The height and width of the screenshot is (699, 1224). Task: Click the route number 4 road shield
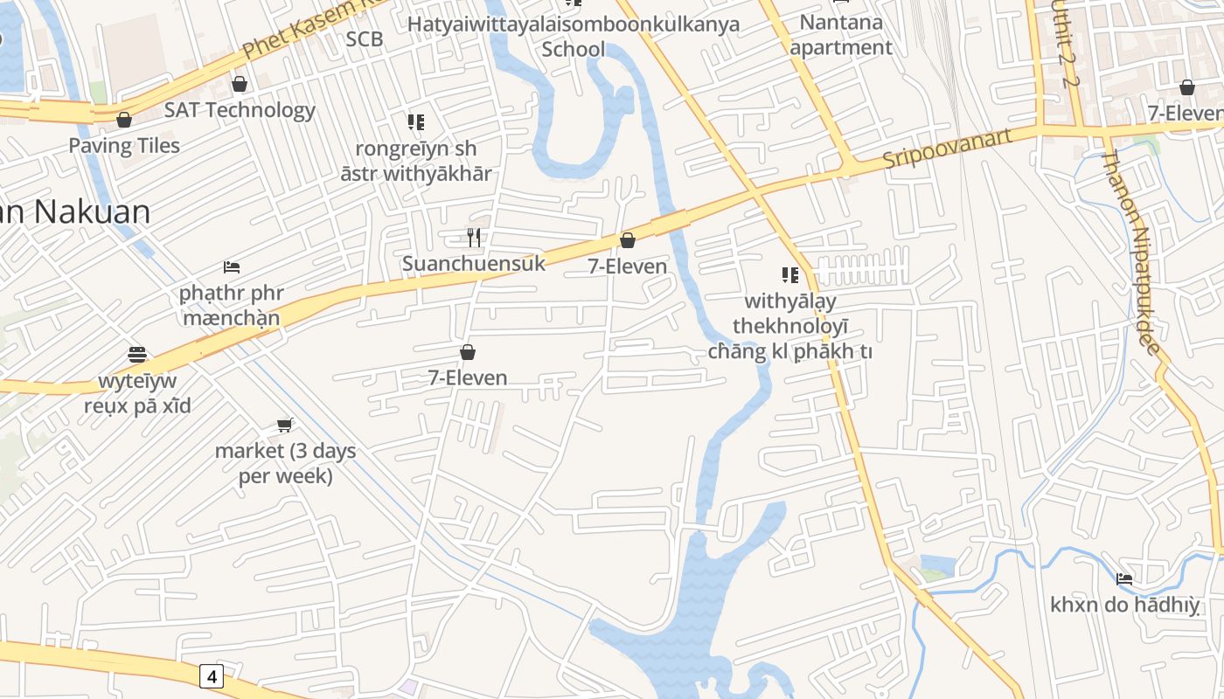pos(212,675)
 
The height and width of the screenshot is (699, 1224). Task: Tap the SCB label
pos(365,38)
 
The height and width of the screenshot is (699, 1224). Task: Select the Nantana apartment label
pos(841,34)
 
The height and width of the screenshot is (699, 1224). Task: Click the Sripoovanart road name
pos(947,149)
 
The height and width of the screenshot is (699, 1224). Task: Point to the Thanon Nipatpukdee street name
pos(1130,253)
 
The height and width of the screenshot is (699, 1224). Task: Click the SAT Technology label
pos(240,110)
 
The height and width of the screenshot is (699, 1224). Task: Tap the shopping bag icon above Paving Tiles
pos(124,120)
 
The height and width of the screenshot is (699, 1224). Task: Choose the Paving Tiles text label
pos(124,145)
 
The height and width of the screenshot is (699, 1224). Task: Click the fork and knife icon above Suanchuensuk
pos(473,237)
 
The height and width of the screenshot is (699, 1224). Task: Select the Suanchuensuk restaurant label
pos(473,263)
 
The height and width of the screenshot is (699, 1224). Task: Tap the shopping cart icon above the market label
pos(284,425)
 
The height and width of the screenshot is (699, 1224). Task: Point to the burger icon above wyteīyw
pos(137,355)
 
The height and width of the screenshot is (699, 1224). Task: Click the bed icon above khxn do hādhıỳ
pos(1124,578)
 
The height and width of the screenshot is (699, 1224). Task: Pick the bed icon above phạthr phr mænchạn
pos(232,266)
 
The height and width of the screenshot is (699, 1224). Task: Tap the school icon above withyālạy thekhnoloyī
pos(790,275)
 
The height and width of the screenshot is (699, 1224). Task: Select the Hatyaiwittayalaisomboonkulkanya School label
pos(574,35)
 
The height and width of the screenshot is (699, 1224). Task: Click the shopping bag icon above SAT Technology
pos(240,84)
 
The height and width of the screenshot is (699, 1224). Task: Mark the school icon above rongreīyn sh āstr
pos(415,122)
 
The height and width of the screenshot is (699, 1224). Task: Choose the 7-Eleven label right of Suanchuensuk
pos(627,266)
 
